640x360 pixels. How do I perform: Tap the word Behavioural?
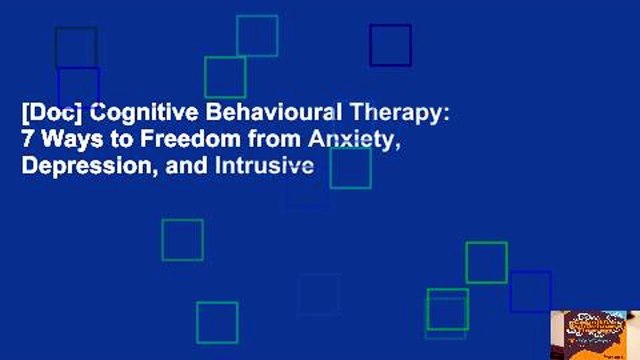coord(241,114)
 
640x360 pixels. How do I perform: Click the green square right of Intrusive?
coord(350,168)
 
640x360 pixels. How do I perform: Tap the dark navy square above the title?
coord(390,45)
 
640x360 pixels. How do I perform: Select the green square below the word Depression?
coord(182,240)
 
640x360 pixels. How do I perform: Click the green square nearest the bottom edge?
coord(217,322)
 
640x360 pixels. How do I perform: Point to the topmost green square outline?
coord(257,36)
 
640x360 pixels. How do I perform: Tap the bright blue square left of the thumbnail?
coord(530,292)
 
